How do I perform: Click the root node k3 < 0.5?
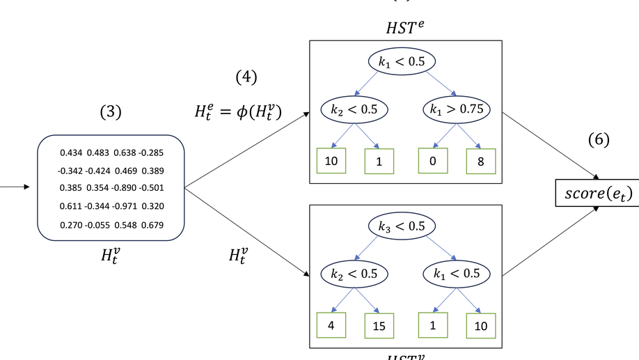(x=402, y=227)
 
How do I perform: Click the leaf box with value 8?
(x=480, y=161)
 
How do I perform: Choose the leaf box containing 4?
(x=331, y=325)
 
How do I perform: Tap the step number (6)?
(x=598, y=139)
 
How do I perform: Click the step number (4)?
(x=246, y=77)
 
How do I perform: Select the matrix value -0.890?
(x=126, y=187)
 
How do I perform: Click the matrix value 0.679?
(x=152, y=225)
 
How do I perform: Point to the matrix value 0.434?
(x=71, y=152)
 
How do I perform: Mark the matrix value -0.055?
(x=97, y=225)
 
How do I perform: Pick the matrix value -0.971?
(x=126, y=206)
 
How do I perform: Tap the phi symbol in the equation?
(x=246, y=111)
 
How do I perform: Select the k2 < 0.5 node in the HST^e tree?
(x=354, y=109)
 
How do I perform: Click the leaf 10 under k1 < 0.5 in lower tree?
(x=480, y=326)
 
